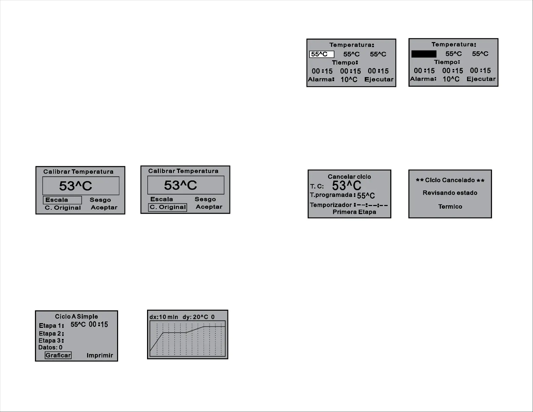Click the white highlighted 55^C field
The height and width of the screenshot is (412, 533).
click(x=322, y=54)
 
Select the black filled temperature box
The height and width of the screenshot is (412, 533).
click(x=424, y=54)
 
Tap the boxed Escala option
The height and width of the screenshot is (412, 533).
click(x=62, y=200)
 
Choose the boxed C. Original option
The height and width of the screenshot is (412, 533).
click(x=168, y=207)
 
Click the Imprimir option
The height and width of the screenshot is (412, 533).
click(x=100, y=355)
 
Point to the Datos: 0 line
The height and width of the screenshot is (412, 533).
click(x=50, y=347)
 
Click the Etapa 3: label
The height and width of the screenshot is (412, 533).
click(x=51, y=340)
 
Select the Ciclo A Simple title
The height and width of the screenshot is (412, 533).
click(x=76, y=316)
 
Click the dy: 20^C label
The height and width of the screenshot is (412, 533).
click(x=195, y=317)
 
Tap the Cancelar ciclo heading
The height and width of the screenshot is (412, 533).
click(x=349, y=177)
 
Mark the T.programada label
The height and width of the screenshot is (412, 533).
click(x=331, y=195)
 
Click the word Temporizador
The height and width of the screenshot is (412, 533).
click(x=331, y=205)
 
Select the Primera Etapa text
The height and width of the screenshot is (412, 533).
click(x=354, y=212)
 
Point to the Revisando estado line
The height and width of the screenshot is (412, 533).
click(x=450, y=193)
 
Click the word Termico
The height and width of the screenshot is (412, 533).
click(x=450, y=207)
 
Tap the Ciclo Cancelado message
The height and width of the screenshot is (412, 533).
click(x=450, y=180)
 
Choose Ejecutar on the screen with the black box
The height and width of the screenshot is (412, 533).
click(x=481, y=79)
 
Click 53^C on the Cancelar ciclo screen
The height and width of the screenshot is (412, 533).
click(x=347, y=185)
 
